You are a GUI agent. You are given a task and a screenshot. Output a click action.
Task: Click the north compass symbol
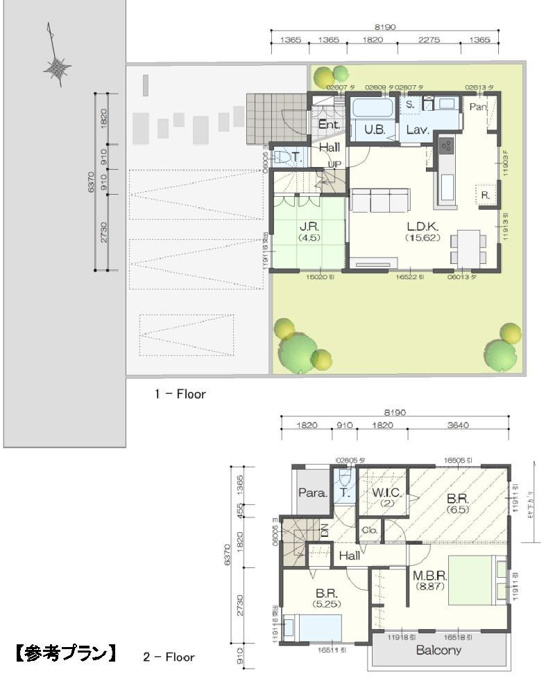(56, 67)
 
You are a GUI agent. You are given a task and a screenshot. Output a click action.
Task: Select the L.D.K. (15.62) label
(420, 231)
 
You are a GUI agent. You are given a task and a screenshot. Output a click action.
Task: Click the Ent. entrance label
(328, 125)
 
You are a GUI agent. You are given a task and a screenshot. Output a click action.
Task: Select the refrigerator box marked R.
(485, 196)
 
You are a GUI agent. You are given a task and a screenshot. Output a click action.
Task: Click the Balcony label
(438, 651)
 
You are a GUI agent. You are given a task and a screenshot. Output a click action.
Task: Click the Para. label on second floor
(308, 493)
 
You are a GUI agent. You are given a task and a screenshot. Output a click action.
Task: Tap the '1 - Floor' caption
(180, 394)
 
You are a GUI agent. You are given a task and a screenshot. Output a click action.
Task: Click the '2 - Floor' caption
(169, 657)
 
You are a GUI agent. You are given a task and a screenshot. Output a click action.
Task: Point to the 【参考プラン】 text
(65, 653)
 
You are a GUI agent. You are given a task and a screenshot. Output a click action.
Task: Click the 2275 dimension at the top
(429, 41)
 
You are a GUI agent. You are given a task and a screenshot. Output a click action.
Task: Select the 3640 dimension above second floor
(457, 425)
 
